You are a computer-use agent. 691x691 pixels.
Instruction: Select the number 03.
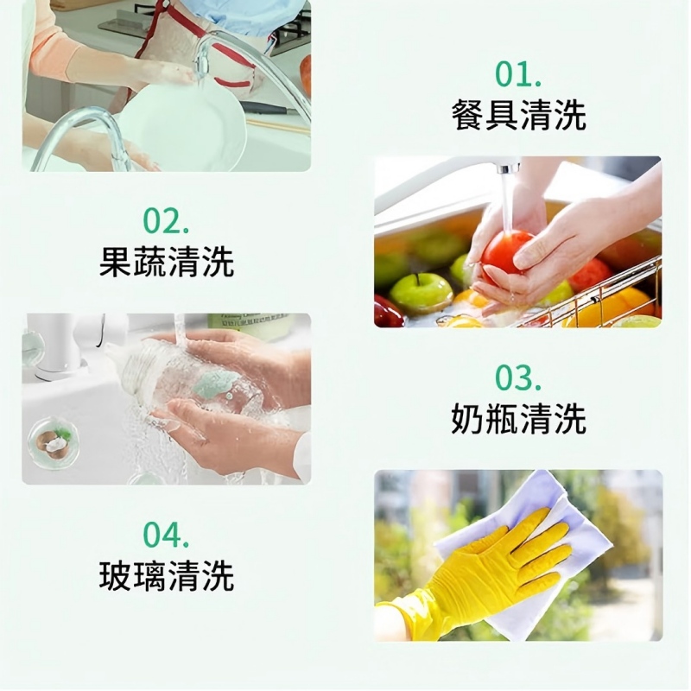pos(518,377)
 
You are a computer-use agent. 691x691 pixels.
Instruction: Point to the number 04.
pos(166,535)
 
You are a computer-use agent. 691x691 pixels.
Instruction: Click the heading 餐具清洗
pos(518,115)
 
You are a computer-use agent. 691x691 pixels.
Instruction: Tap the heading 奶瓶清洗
pos(518,419)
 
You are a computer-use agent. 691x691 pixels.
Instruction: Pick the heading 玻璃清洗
pos(166,576)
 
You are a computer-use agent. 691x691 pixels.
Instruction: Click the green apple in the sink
pos(421,292)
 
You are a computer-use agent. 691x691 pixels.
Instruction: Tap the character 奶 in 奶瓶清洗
pos(467,419)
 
